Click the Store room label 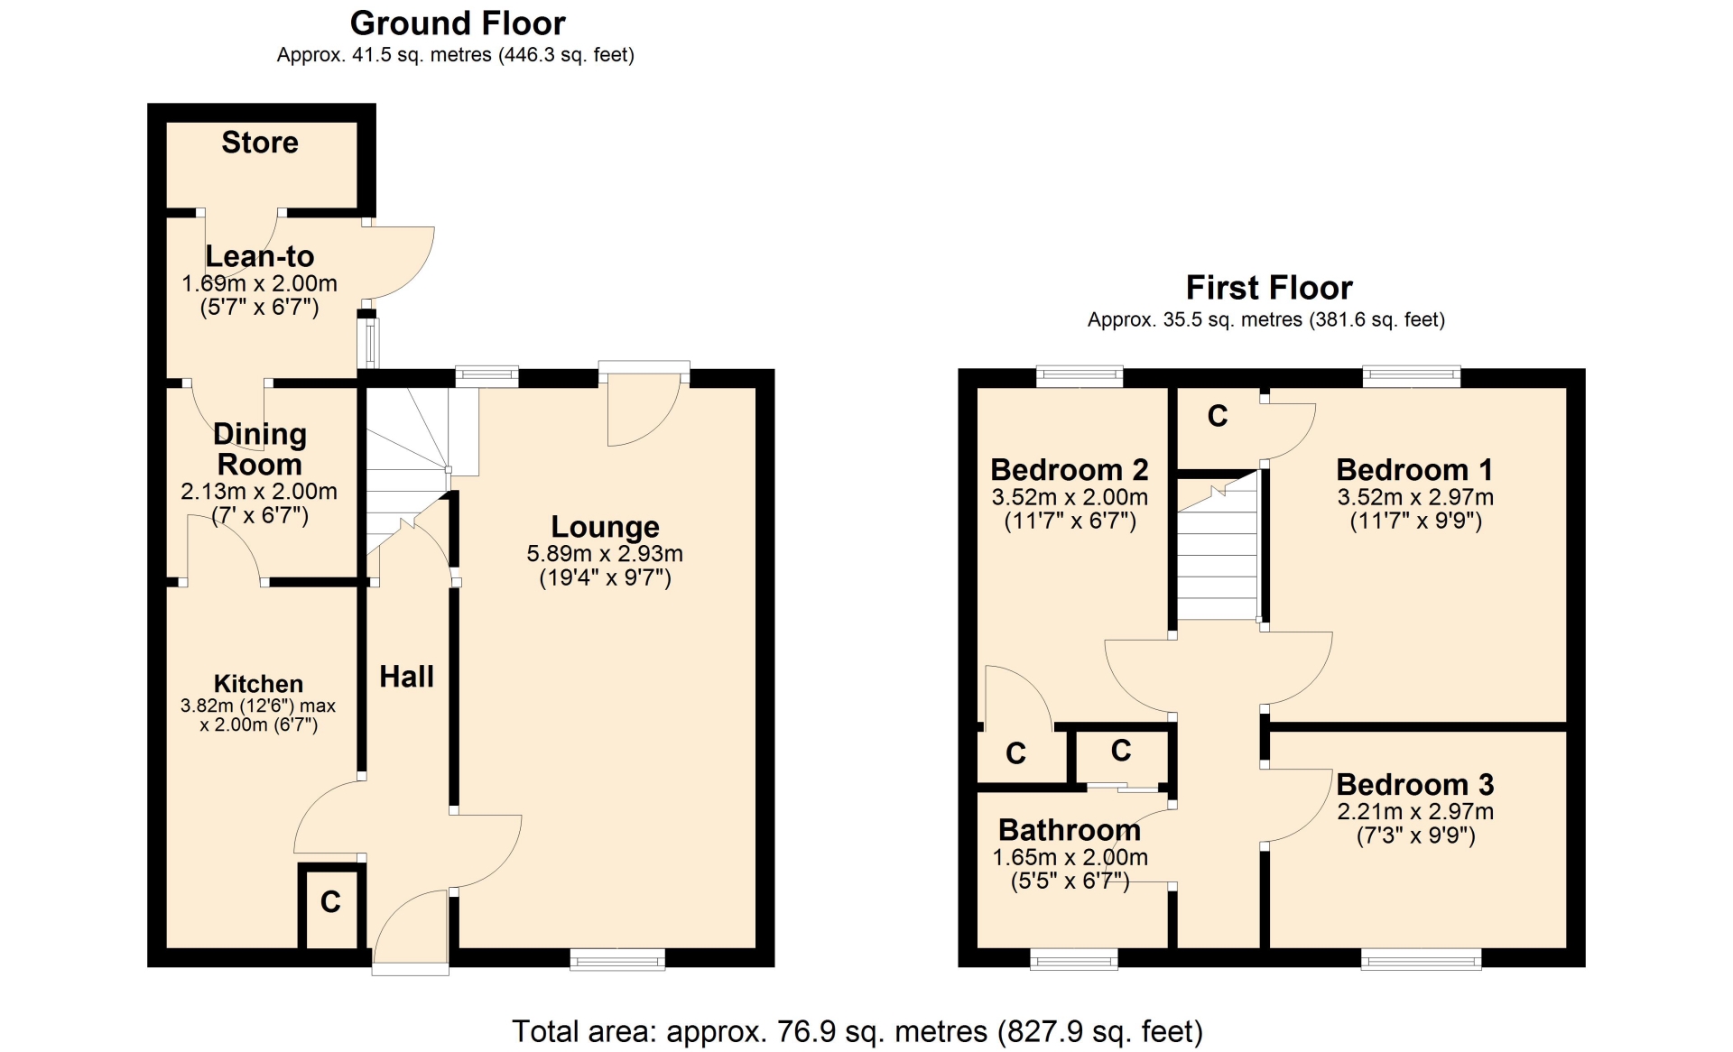click(x=260, y=143)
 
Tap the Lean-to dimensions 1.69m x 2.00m click(x=260, y=283)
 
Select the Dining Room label click(x=260, y=449)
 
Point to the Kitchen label click(x=258, y=684)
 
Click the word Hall click(x=406, y=677)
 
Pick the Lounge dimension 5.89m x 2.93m click(x=605, y=554)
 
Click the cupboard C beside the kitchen click(x=330, y=902)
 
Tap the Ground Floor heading click(x=458, y=23)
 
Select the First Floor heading click(x=1269, y=288)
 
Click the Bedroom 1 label click(x=1414, y=470)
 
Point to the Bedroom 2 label click(x=1070, y=470)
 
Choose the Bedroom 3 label click(x=1415, y=784)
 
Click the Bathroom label click(x=1070, y=829)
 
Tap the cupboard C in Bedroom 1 click(x=1218, y=416)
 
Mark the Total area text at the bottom click(x=857, y=1031)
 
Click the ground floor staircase click(x=409, y=469)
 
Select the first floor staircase click(x=1218, y=545)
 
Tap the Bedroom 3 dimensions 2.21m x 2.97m click(x=1415, y=811)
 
